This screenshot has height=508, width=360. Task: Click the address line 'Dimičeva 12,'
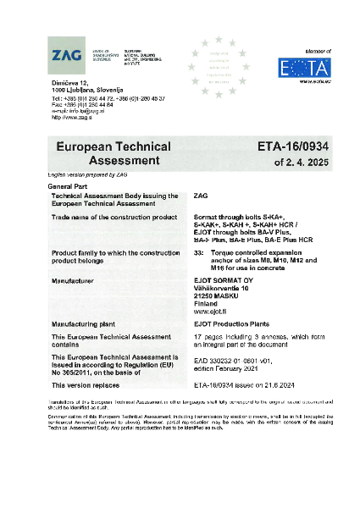pyautogui.click(x=70, y=81)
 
